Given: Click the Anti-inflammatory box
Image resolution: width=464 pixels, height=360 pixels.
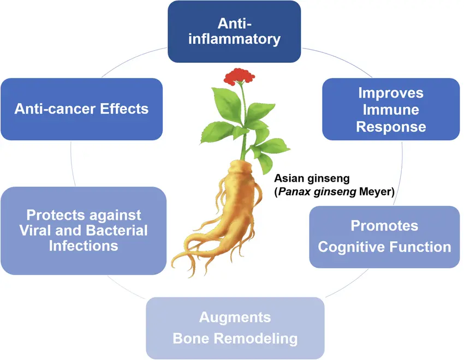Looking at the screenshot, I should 234,31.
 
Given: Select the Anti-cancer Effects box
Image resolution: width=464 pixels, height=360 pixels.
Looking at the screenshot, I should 81,109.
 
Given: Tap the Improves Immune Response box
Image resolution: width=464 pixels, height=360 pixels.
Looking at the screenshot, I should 391,109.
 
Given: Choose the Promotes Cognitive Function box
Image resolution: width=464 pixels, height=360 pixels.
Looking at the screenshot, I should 384,236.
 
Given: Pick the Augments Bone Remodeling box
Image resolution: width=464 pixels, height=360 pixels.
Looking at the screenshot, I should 235,327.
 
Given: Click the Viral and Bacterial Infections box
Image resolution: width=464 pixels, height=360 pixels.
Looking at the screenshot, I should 84,230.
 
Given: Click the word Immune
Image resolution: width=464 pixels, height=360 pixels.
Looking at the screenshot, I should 391,110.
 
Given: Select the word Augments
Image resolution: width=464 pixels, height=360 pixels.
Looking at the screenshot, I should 235,317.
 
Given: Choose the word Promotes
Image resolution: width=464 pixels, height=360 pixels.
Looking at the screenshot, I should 384,225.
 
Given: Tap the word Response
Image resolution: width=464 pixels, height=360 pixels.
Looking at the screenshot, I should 391,127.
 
